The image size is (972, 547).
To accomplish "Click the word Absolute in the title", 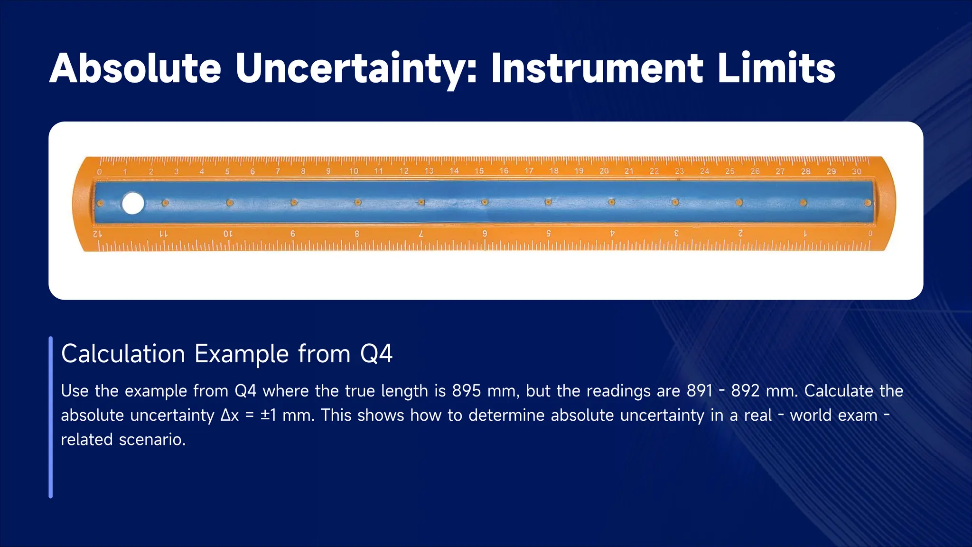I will click(x=135, y=69).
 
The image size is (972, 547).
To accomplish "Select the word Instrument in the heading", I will click(x=597, y=69).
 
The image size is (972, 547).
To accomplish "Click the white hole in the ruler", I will click(x=133, y=204).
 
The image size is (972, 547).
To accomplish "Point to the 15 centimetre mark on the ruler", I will click(x=479, y=171).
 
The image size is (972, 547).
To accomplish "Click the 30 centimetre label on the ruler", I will click(x=856, y=171).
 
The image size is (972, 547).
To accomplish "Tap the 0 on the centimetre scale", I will click(x=99, y=172).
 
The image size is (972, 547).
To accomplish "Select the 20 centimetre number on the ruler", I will click(x=604, y=171).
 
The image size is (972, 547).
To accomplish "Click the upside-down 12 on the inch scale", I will click(x=97, y=234).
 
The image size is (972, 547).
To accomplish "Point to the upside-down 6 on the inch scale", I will click(x=485, y=234).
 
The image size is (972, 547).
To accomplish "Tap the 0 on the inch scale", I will click(x=870, y=234).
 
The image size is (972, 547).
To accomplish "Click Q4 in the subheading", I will click(x=376, y=354).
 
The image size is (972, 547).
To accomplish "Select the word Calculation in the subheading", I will click(x=123, y=354).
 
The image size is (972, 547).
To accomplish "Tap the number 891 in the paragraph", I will click(x=700, y=391).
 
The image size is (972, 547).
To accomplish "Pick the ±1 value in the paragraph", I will click(x=268, y=415).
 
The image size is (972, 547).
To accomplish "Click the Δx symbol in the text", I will click(x=230, y=415).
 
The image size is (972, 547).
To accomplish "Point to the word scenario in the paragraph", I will click(x=152, y=439).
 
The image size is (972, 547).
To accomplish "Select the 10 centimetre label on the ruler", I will click(x=354, y=171).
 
